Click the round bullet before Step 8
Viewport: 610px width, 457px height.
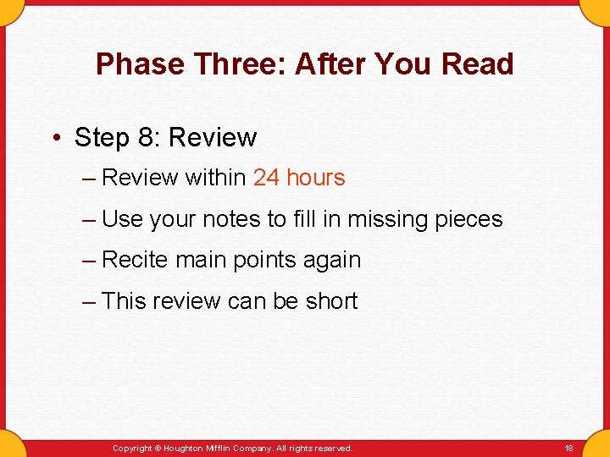tap(56, 138)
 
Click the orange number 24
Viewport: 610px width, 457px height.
tap(266, 178)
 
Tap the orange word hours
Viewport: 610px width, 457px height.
tap(316, 178)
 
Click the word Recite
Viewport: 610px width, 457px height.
tap(135, 260)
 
